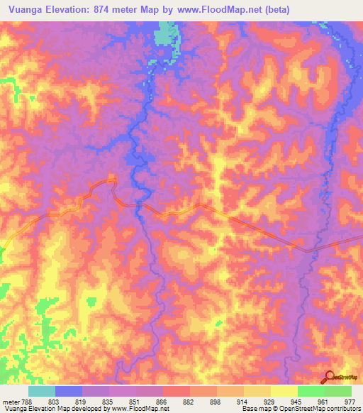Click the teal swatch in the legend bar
(41, 391)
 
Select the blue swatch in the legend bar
(68, 391)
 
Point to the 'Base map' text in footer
(256, 408)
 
